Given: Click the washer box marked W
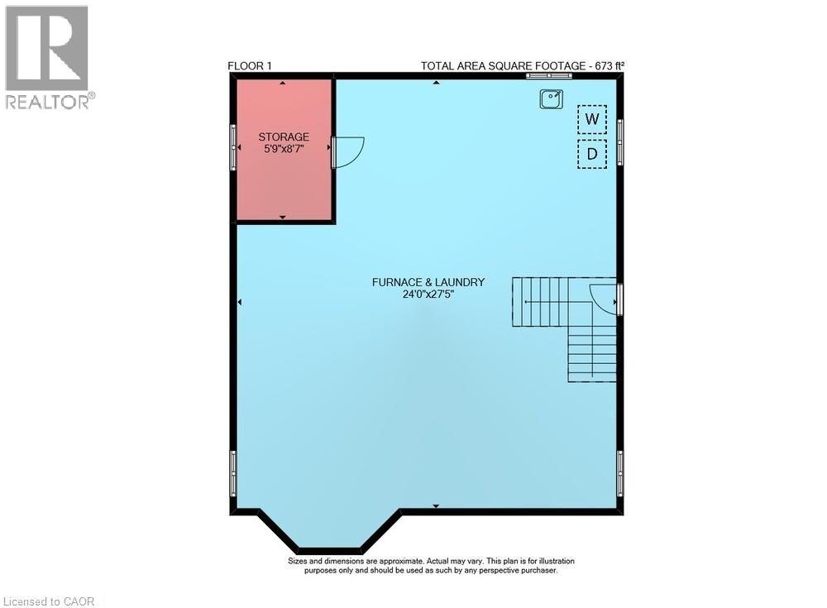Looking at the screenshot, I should point(592,119).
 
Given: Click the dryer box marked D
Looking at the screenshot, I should point(592,154).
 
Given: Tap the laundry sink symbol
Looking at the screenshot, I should point(552,99).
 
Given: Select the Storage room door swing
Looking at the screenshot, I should point(347,151).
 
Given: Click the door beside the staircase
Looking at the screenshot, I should point(605,299).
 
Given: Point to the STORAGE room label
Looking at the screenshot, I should point(284,136).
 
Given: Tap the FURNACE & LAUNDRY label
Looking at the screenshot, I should point(428,282).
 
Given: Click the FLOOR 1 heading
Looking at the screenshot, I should point(250,66).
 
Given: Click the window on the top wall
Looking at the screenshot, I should point(548,76).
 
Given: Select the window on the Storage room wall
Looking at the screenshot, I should point(233,149).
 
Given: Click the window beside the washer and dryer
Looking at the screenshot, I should point(620,136).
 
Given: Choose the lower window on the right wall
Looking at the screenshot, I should point(620,472).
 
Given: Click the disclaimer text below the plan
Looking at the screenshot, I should point(430,566).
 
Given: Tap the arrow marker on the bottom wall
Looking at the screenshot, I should point(436,505).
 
